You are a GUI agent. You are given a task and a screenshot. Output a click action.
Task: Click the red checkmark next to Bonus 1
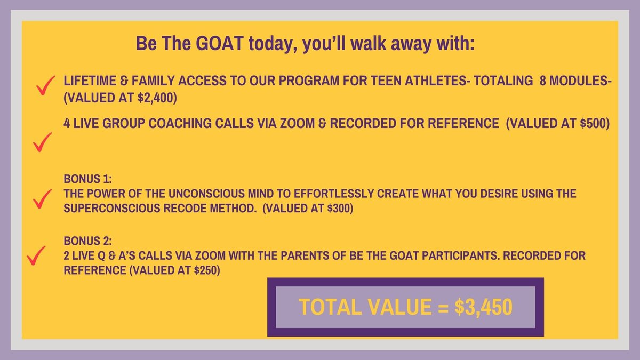pyautogui.click(x=42, y=199)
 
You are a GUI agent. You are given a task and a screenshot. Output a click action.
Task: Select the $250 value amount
pyautogui.click(x=205, y=270)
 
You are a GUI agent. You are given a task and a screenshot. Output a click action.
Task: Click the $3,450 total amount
pyautogui.click(x=483, y=307)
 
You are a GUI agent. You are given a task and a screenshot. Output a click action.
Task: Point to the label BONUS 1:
pyautogui.click(x=87, y=179)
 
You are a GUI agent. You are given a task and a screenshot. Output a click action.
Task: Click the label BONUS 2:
pyautogui.click(x=87, y=241)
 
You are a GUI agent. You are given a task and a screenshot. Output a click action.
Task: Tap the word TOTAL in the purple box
pyautogui.click(x=330, y=307)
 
